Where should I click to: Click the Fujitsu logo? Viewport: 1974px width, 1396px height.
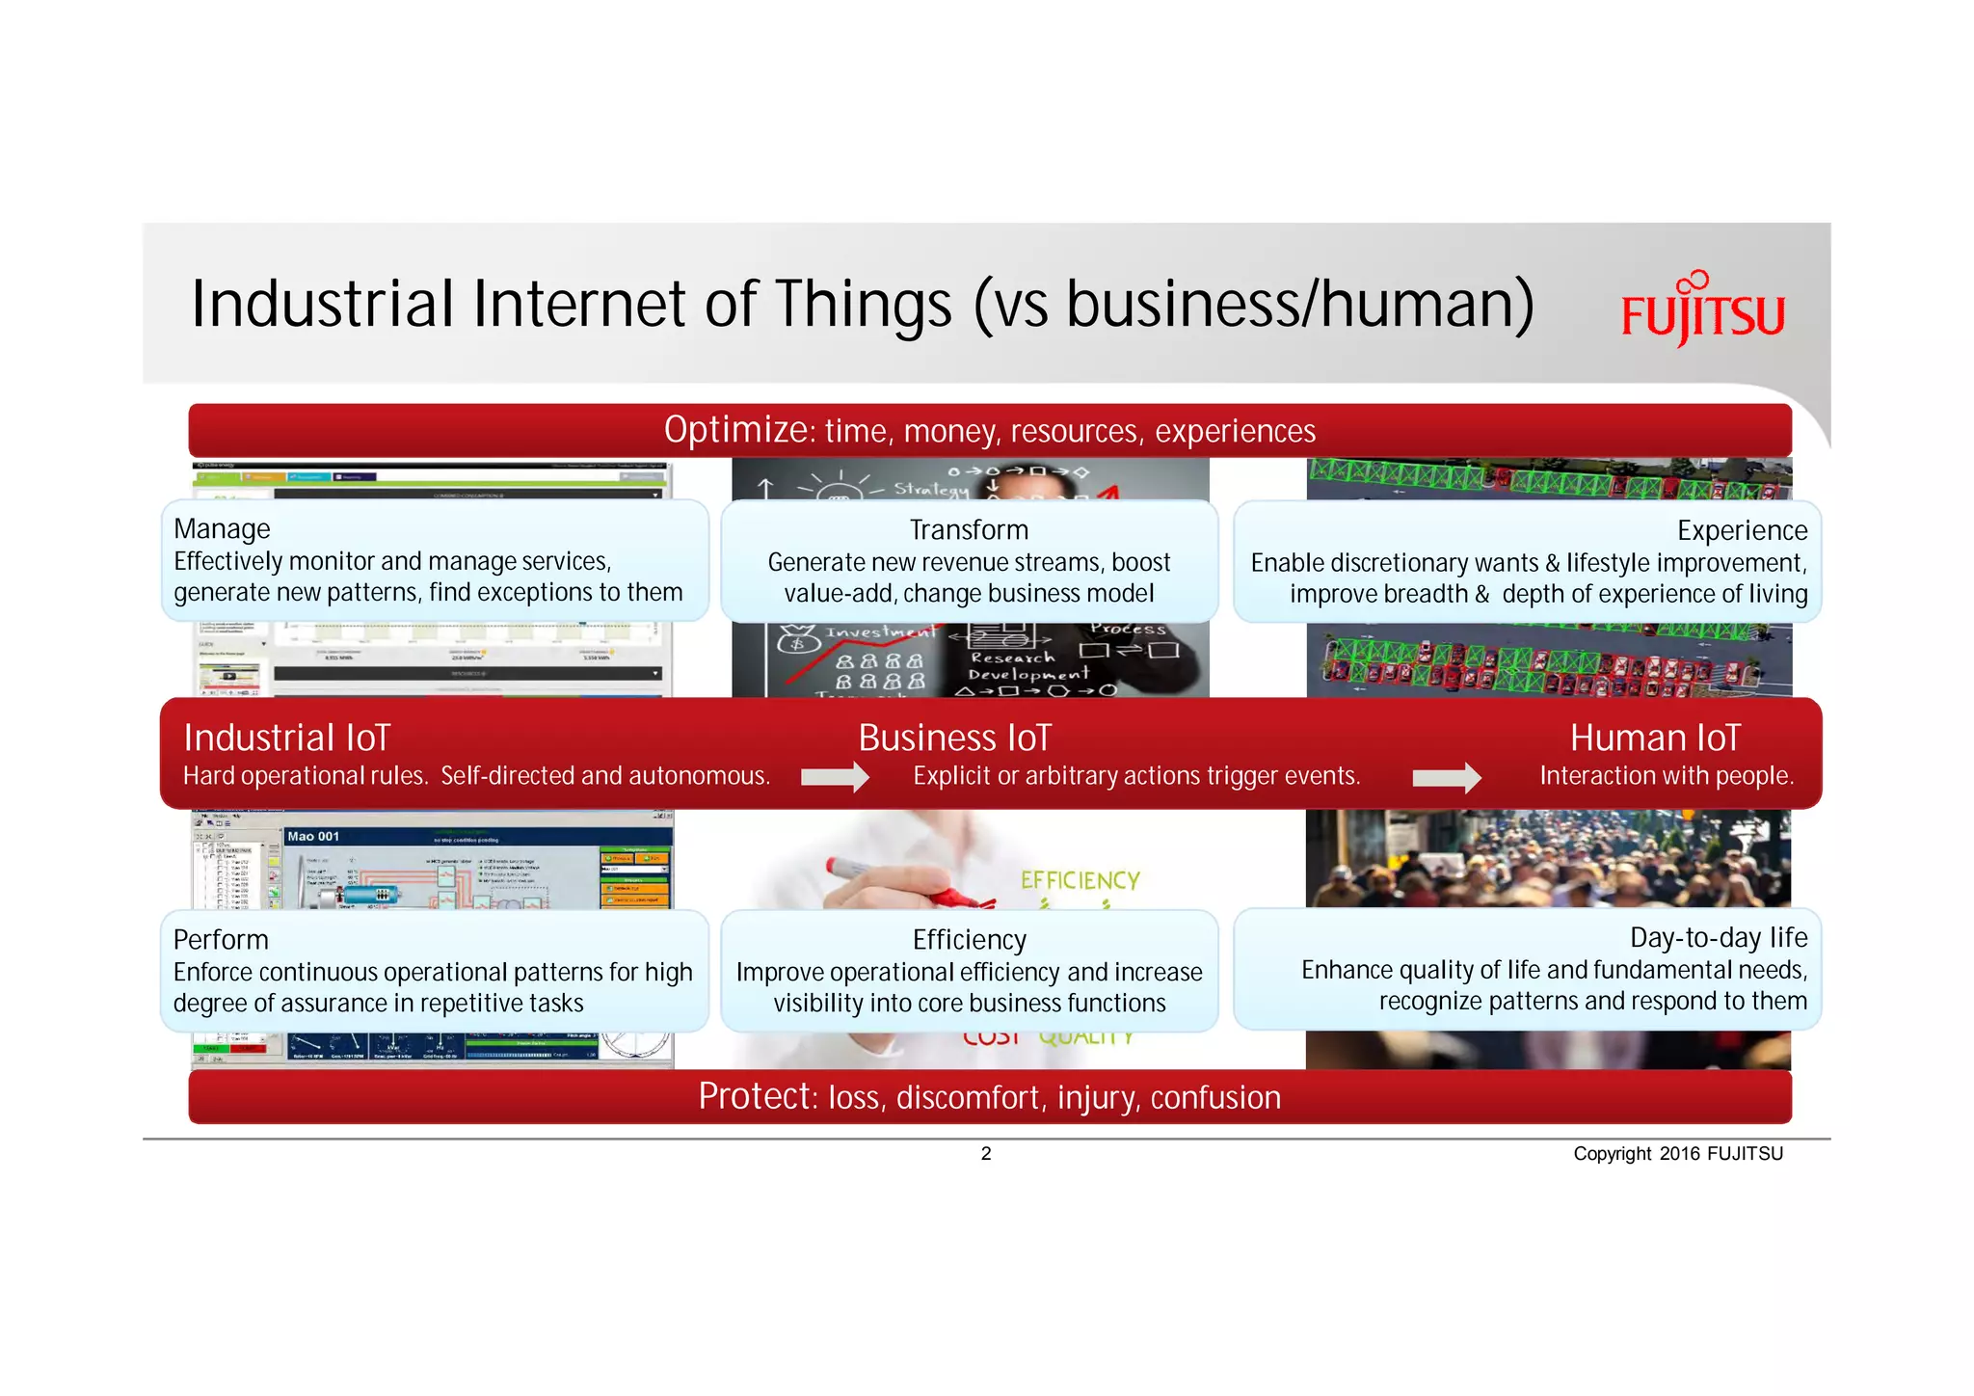tap(1702, 310)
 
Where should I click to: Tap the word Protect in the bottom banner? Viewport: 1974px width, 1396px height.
tap(757, 1097)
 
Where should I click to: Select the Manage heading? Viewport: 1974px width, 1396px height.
tap(222, 528)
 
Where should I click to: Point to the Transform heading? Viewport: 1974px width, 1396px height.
tap(969, 529)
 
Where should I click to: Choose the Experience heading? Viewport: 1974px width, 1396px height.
tap(1742, 530)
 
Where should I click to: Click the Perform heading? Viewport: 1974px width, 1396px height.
tap(221, 939)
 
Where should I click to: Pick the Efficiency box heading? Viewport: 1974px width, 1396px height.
tap(970, 940)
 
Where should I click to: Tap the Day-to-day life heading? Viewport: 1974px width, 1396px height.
tap(1719, 937)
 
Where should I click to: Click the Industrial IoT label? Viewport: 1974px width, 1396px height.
tap(287, 738)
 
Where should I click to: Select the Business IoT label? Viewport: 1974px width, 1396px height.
tap(954, 738)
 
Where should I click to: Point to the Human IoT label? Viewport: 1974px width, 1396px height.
tap(1655, 738)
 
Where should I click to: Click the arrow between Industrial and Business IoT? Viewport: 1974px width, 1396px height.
tap(835, 777)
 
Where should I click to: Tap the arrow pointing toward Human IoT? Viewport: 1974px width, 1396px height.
tap(1446, 777)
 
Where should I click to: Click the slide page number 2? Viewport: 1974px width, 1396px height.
tap(986, 1154)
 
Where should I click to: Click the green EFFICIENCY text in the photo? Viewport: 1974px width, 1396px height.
tap(1080, 880)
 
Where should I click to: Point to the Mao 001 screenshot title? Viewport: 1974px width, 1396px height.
tap(313, 836)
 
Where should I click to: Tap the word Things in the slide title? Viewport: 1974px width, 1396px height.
tap(864, 304)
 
